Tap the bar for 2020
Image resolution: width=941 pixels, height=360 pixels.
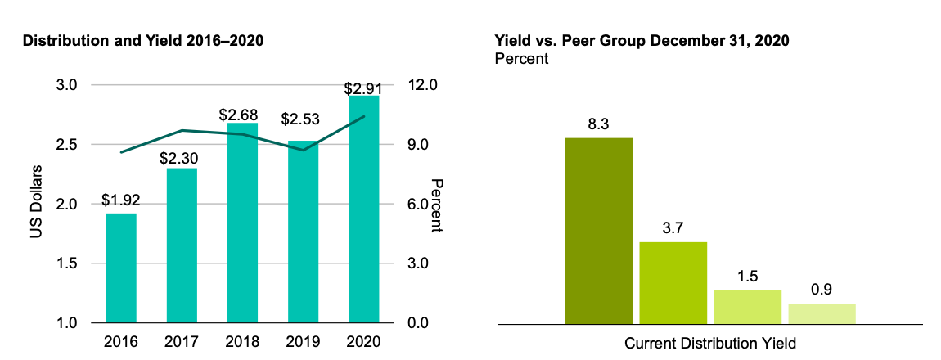click(x=363, y=209)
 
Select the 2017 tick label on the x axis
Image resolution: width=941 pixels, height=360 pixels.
click(x=182, y=340)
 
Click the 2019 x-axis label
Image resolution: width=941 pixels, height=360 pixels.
click(x=303, y=340)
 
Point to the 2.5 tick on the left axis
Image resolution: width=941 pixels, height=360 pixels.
click(x=67, y=145)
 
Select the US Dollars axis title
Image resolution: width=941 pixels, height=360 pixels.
click(x=36, y=204)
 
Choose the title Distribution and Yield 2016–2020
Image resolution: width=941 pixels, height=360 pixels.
click(x=143, y=41)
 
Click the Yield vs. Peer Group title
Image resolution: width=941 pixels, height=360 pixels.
click(x=642, y=41)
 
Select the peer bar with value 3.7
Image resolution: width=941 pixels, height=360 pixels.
click(x=673, y=283)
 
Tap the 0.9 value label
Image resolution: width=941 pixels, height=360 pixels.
click(x=822, y=289)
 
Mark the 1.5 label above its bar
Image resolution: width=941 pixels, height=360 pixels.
click(x=747, y=275)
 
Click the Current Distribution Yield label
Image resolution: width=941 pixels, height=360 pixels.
click(x=710, y=343)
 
